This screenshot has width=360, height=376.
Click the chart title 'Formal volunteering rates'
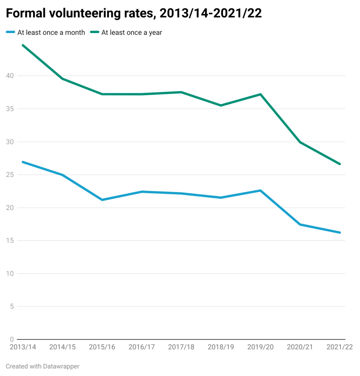pyautogui.click(x=134, y=13)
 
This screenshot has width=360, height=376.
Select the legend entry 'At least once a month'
pyautogui.click(x=51, y=32)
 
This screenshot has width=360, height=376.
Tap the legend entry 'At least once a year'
pyautogui.click(x=132, y=32)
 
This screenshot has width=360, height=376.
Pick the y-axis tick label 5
pyautogui.click(x=12, y=307)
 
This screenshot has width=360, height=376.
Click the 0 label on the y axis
pyautogui.click(x=12, y=339)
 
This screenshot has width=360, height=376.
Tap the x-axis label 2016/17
pyautogui.click(x=141, y=347)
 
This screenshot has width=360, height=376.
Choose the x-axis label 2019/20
pyautogui.click(x=260, y=347)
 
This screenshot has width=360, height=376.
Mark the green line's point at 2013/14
pyautogui.click(x=23, y=45)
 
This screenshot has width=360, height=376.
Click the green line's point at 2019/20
pyautogui.click(x=260, y=94)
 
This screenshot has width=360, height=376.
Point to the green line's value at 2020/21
pyautogui.click(x=300, y=142)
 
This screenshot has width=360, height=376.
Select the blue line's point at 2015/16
pyautogui.click(x=102, y=200)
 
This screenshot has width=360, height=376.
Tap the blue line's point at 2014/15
pyautogui.click(x=62, y=175)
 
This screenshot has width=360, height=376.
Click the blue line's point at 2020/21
pyautogui.click(x=300, y=224)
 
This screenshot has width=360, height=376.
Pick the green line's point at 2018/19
pyautogui.click(x=221, y=105)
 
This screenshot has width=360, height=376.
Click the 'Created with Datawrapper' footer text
pyautogui.click(x=43, y=366)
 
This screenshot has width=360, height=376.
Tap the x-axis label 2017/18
pyautogui.click(x=181, y=347)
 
